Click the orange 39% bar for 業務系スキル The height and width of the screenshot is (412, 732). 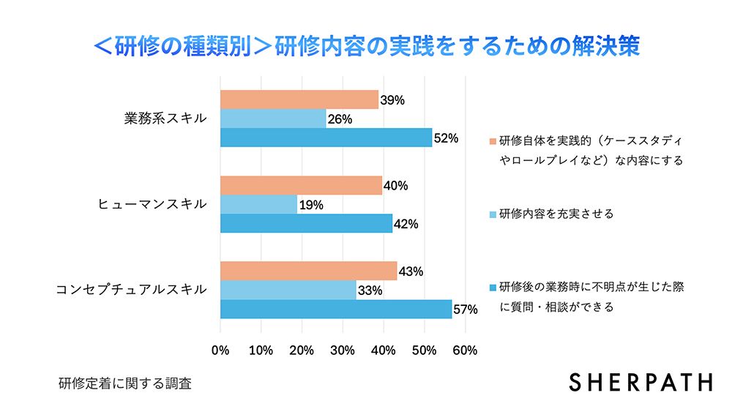click(x=299, y=100)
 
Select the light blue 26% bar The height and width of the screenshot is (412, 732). click(x=273, y=119)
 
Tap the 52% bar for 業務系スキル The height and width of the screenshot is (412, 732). click(x=326, y=138)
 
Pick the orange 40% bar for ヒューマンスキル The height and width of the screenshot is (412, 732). click(x=301, y=185)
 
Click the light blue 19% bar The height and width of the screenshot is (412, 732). click(x=258, y=204)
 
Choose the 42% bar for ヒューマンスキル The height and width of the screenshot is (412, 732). click(x=306, y=223)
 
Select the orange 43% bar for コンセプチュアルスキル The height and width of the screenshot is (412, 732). click(x=308, y=271)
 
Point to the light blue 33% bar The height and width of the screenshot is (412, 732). click(x=288, y=290)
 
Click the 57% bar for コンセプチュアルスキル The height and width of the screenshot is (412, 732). click(x=336, y=309)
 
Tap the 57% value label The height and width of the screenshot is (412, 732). click(x=466, y=310)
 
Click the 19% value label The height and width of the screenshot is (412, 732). click(x=311, y=205)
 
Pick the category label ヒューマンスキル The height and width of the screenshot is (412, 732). click(x=152, y=204)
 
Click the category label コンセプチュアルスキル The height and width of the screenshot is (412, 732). click(x=131, y=290)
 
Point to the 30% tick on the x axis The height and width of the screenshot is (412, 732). click(x=343, y=350)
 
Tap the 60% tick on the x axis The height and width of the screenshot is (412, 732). click(x=466, y=350)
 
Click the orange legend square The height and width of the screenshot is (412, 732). click(x=493, y=140)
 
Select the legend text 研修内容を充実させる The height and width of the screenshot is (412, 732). click(x=556, y=214)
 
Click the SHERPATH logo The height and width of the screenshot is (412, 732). click(x=640, y=382)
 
